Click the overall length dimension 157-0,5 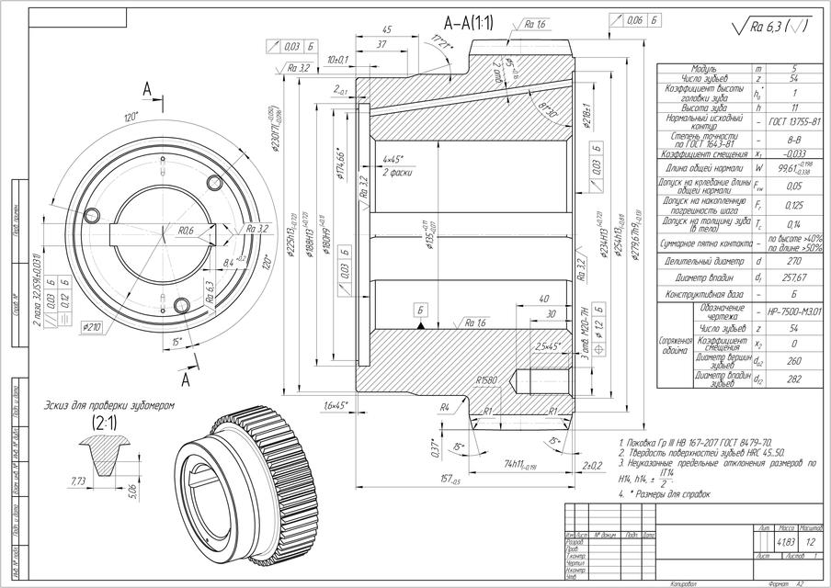(450, 478)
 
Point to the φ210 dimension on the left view (91, 325)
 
